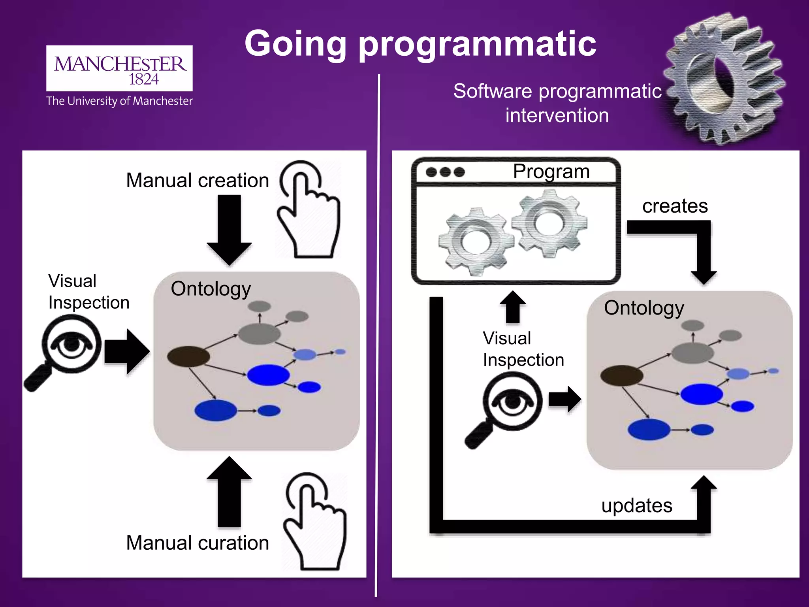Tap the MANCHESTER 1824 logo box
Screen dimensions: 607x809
click(119, 68)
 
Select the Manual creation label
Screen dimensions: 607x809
click(198, 180)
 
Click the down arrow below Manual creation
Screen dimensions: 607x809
click(229, 229)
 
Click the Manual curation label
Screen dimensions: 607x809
click(198, 543)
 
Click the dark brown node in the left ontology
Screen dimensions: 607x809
click(188, 356)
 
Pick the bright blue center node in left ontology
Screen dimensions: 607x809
click(268, 375)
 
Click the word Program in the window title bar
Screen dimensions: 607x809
click(551, 172)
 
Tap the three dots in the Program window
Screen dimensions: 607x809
click(445, 172)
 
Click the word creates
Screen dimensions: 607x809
click(675, 206)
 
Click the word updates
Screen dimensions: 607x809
click(637, 505)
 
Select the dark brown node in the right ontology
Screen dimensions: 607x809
click(621, 375)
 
